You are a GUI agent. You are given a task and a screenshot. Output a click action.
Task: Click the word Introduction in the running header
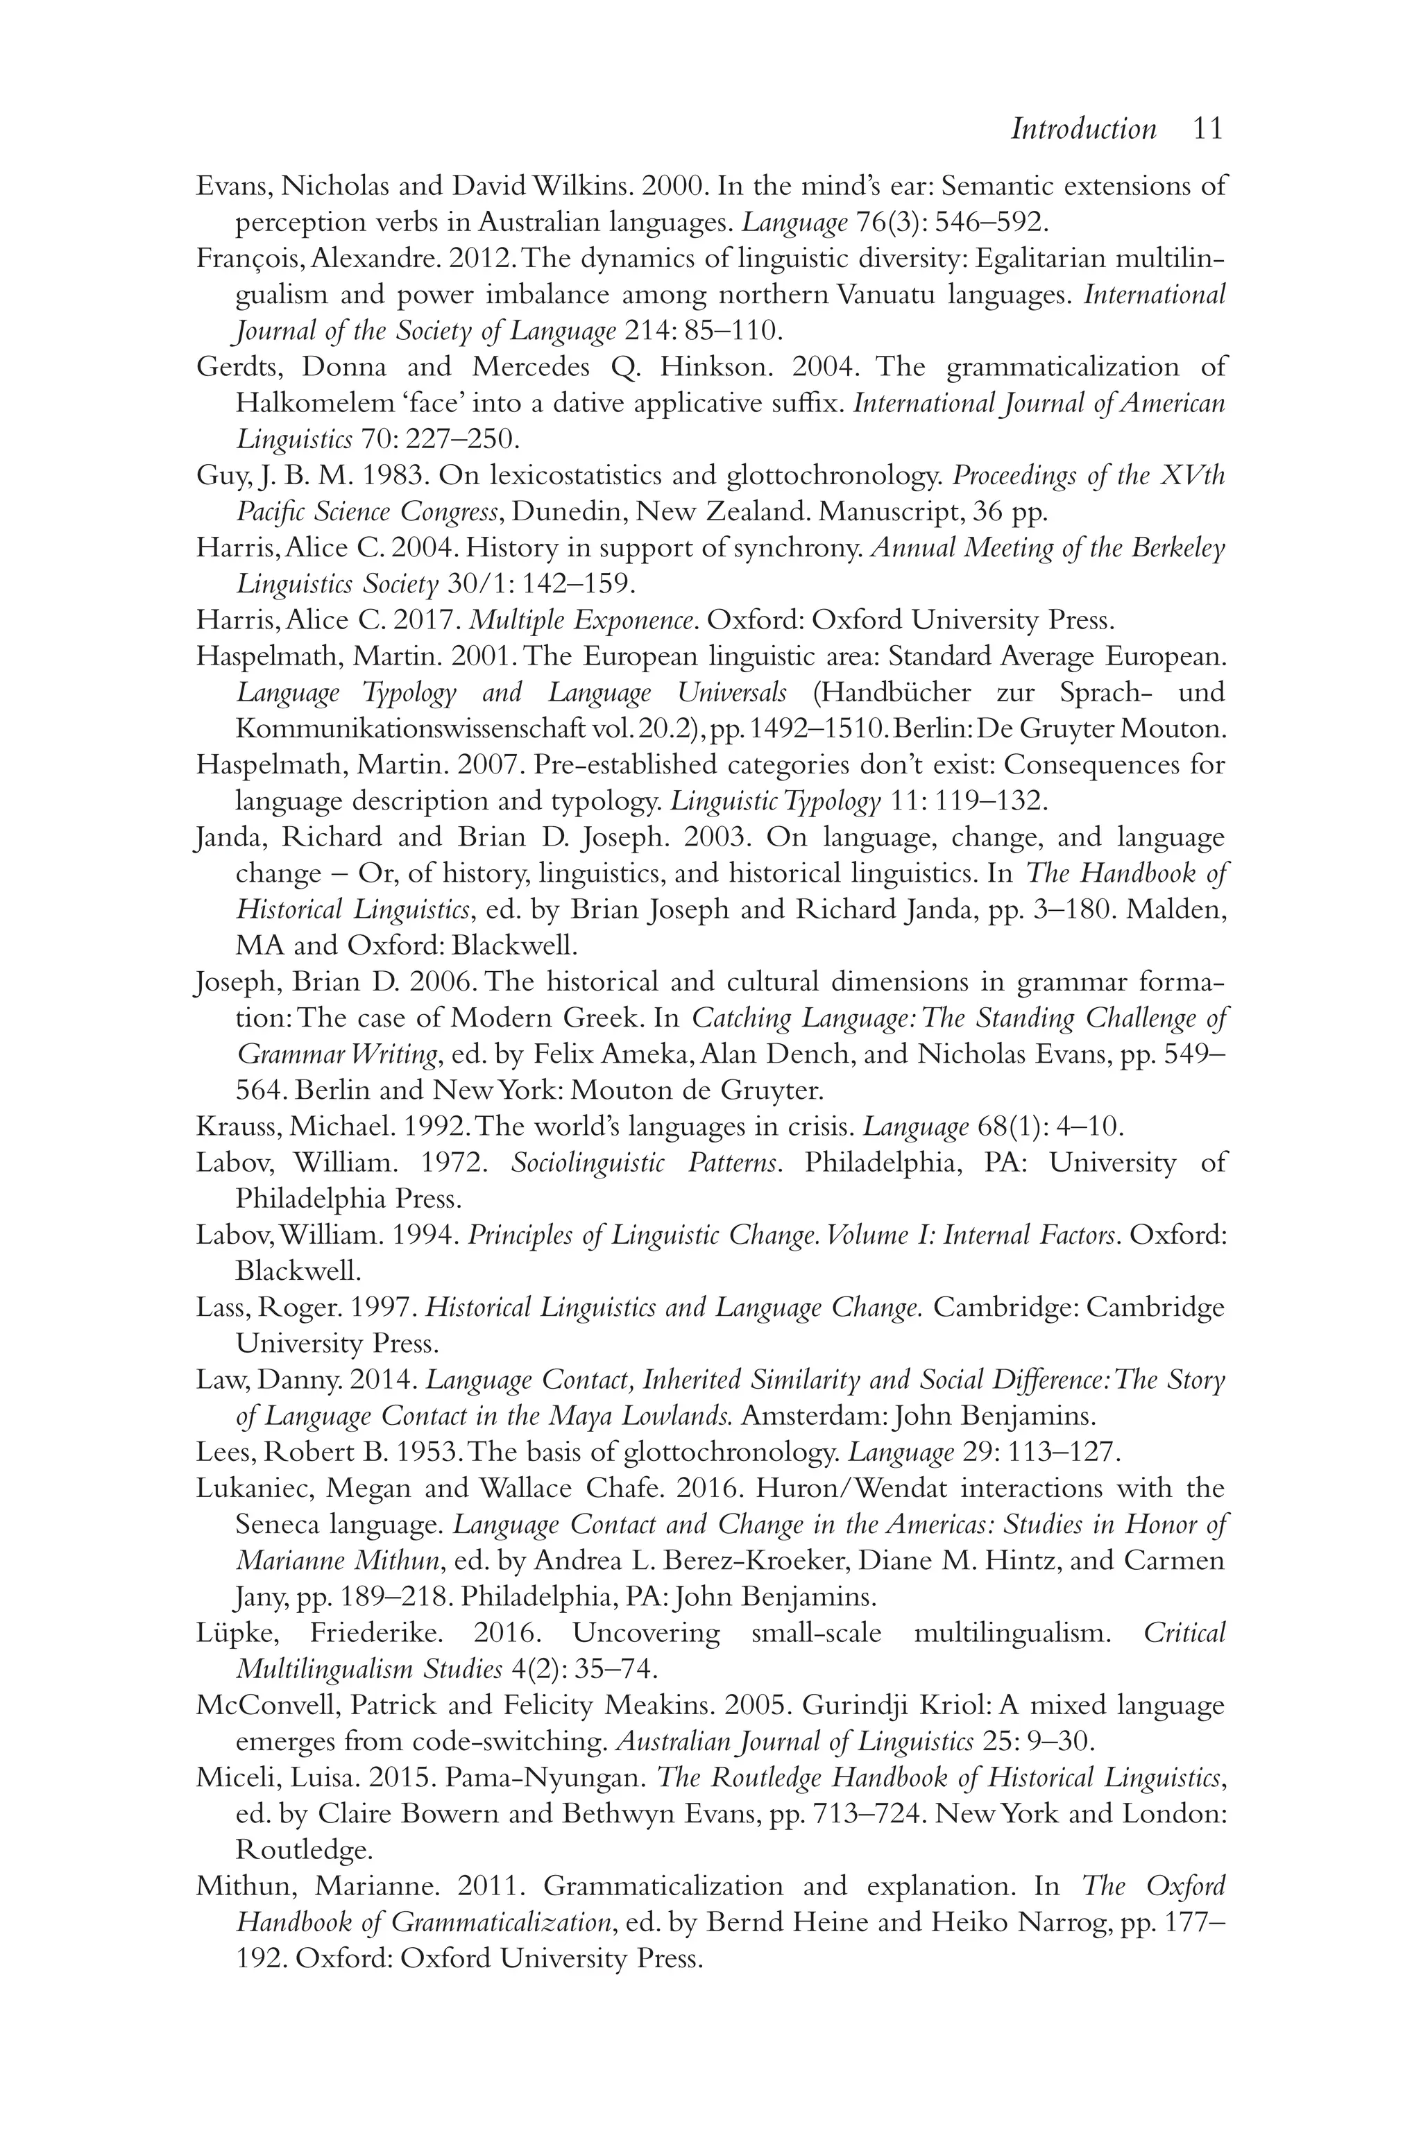tap(1084, 128)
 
